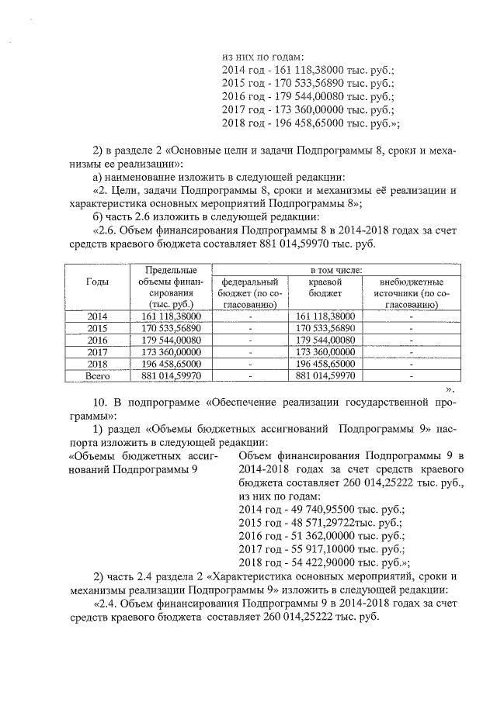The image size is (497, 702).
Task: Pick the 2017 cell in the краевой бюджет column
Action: [x=325, y=352]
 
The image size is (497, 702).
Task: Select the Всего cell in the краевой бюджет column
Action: [x=325, y=375]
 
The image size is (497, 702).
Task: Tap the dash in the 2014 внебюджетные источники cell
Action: [x=411, y=316]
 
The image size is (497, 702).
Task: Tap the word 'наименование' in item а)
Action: [x=141, y=177]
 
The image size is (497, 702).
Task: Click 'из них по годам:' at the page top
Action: [x=262, y=56]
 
